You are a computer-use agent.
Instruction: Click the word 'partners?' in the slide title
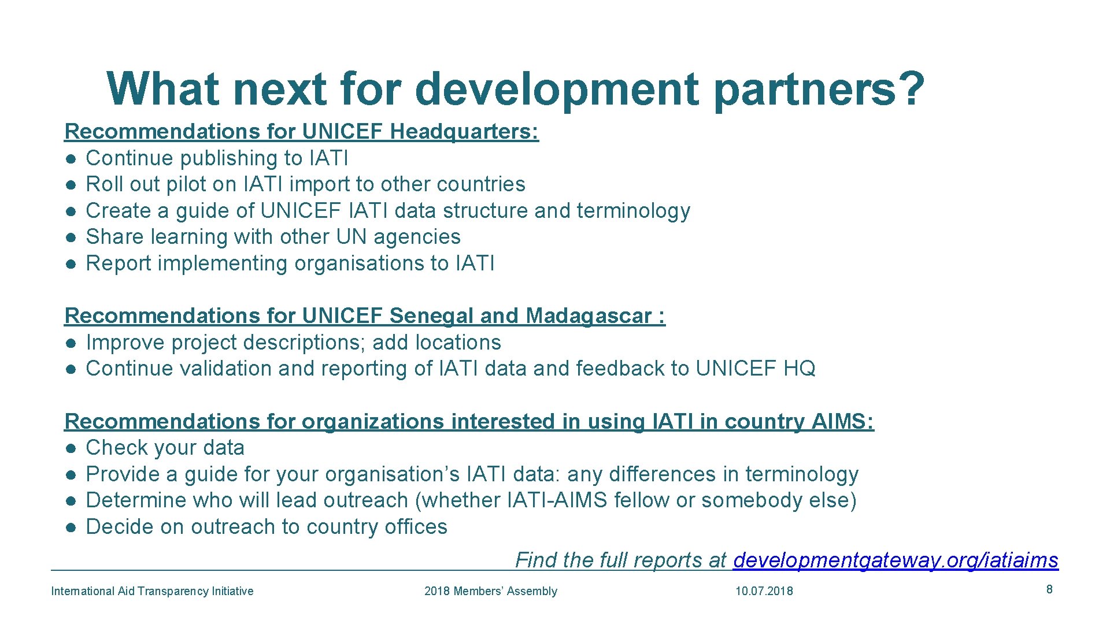tap(819, 90)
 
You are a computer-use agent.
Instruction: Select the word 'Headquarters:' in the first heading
tap(464, 132)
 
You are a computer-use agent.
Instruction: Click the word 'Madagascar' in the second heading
tap(589, 316)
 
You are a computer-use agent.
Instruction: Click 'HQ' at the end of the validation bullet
tap(799, 369)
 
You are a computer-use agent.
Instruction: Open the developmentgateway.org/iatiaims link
tap(895, 560)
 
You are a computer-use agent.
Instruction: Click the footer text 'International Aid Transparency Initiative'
tap(152, 591)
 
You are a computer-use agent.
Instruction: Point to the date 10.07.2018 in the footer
tap(764, 591)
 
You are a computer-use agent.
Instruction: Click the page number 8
tap(1049, 589)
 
